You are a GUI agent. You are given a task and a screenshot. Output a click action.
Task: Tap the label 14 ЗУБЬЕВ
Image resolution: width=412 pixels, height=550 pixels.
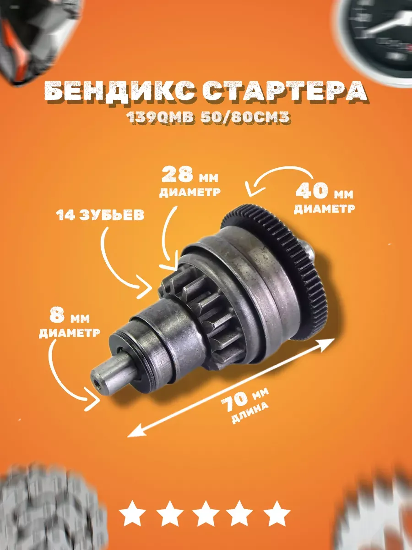(x=100, y=215)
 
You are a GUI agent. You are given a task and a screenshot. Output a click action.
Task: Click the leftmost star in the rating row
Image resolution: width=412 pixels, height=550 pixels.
(x=133, y=514)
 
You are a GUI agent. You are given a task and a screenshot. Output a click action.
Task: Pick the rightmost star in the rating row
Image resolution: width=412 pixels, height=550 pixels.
(x=276, y=514)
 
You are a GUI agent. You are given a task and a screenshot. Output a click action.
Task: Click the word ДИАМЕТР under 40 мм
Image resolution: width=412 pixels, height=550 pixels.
(x=325, y=209)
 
